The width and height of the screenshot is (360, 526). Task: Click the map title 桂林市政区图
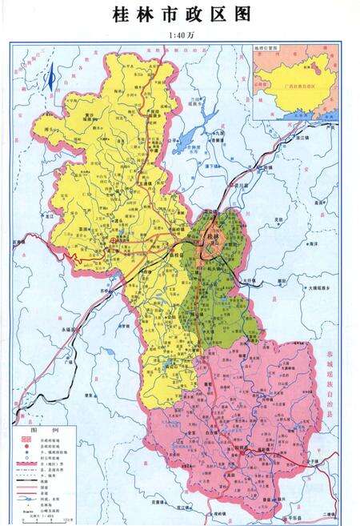click(x=180, y=15)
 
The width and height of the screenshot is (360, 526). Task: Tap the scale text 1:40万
click(x=180, y=35)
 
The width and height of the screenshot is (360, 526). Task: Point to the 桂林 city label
click(x=212, y=238)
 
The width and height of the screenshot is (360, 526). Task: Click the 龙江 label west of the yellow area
click(x=48, y=215)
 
